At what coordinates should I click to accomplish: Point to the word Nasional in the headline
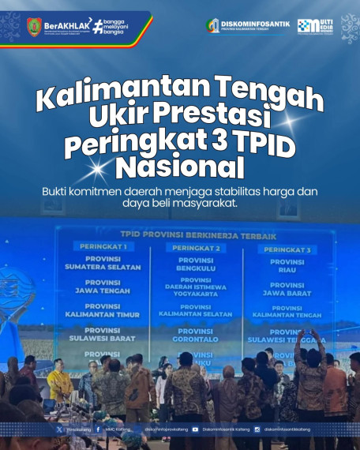click(x=179, y=167)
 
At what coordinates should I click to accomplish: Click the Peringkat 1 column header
click(x=103, y=246)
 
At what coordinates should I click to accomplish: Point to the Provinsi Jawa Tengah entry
click(x=103, y=287)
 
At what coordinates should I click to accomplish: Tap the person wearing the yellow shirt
click(x=58, y=383)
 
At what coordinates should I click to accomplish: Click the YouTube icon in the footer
click(x=196, y=429)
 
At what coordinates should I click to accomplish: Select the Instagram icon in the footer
click(x=257, y=429)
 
